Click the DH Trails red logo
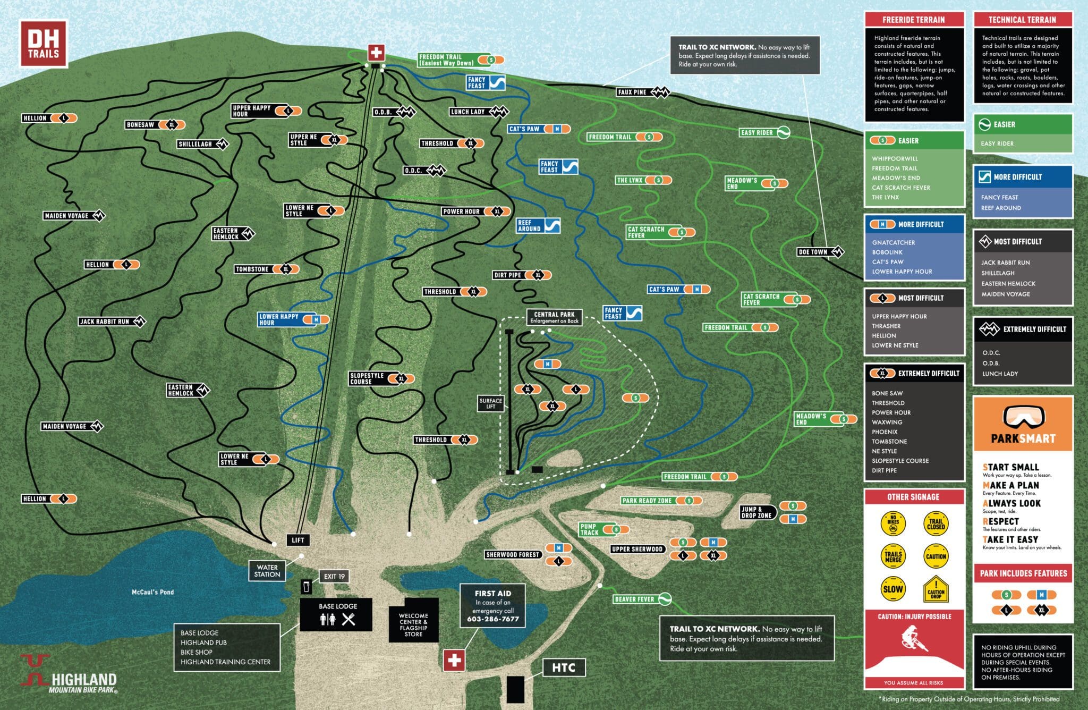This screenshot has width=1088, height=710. tap(43, 44)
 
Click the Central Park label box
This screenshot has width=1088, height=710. tap(554, 317)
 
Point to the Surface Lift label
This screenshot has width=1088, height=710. tap(490, 403)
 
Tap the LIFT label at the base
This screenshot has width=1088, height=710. tap(297, 540)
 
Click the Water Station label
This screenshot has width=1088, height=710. tap(267, 571)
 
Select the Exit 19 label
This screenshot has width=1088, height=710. tap(334, 576)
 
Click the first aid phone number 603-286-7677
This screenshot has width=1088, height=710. tap(492, 619)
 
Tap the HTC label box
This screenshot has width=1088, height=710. tap(563, 667)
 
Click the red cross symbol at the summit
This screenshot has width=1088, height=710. tap(376, 53)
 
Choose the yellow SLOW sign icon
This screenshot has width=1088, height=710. tap(892, 588)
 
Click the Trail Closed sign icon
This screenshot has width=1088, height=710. tap(936, 524)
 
